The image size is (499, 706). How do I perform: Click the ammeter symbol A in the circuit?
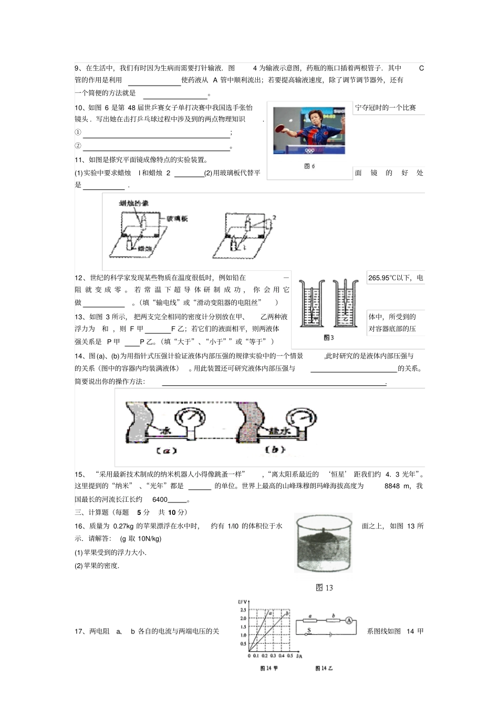(348, 620)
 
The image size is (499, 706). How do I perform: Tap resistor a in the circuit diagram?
(310, 620)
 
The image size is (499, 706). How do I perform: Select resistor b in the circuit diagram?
(334, 620)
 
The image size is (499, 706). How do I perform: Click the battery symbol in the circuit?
(330, 634)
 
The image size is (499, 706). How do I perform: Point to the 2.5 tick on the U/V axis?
(243, 610)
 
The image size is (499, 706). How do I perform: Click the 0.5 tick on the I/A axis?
(290, 656)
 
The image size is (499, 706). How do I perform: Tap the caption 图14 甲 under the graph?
(269, 668)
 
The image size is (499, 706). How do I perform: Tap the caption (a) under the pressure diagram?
(167, 450)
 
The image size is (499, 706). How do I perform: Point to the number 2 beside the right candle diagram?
(274, 217)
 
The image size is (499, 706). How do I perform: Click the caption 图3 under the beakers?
(329, 338)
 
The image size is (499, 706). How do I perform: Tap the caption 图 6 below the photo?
(309, 166)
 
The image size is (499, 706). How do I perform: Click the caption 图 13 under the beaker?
(324, 587)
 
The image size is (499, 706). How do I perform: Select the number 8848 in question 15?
(393, 486)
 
